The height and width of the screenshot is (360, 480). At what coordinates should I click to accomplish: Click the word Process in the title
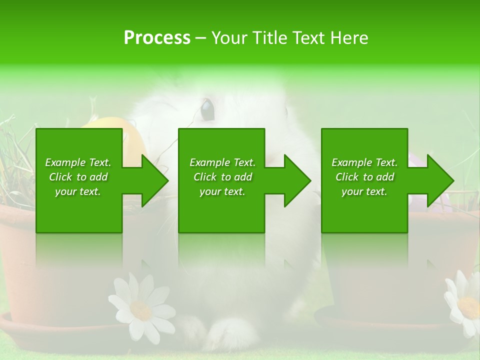pos(157,38)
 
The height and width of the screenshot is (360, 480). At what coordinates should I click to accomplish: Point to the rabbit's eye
pos(207,109)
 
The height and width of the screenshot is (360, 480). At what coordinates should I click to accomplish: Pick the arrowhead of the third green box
pos(439,180)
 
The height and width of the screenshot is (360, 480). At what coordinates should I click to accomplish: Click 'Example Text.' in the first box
pos(78,162)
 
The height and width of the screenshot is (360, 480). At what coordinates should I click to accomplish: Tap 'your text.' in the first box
pos(78,191)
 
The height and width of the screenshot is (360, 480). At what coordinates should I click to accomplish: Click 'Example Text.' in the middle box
pos(222,162)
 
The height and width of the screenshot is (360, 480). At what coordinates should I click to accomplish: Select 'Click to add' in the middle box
pos(222,177)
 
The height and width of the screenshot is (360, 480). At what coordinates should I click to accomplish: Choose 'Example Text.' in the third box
pos(364,162)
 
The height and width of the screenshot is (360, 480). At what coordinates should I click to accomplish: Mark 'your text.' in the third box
pos(364,191)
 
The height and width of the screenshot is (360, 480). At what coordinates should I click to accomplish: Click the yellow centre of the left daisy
pos(141,310)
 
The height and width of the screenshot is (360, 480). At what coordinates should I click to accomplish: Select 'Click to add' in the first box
pos(78,177)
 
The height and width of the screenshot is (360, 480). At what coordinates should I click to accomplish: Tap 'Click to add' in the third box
pos(364,177)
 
